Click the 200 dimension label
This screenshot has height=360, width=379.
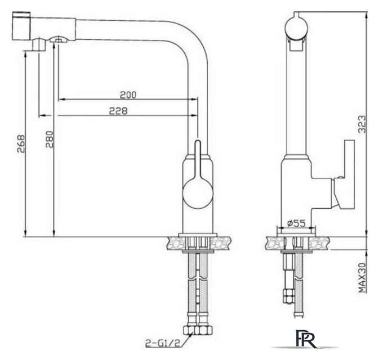128,95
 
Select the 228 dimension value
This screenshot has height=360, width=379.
118,111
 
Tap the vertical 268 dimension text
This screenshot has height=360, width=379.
21,143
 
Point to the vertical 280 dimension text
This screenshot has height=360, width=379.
50,139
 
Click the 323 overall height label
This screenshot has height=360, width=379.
362,124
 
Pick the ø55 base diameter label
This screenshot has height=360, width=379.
296,223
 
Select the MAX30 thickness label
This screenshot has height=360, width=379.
362,278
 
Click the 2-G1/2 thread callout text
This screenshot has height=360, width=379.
163,343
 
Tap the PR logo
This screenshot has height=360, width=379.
306,339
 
